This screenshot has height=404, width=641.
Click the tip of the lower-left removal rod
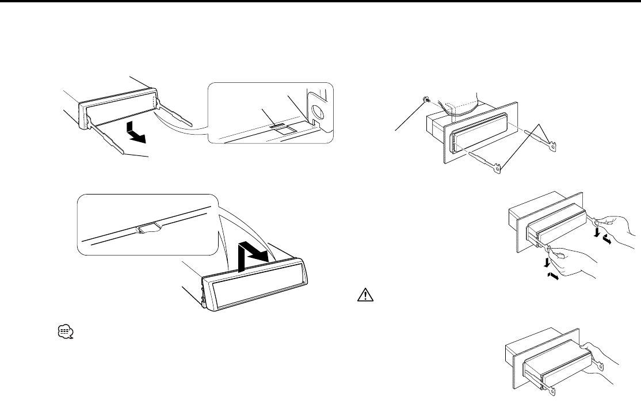[x=124, y=154]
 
